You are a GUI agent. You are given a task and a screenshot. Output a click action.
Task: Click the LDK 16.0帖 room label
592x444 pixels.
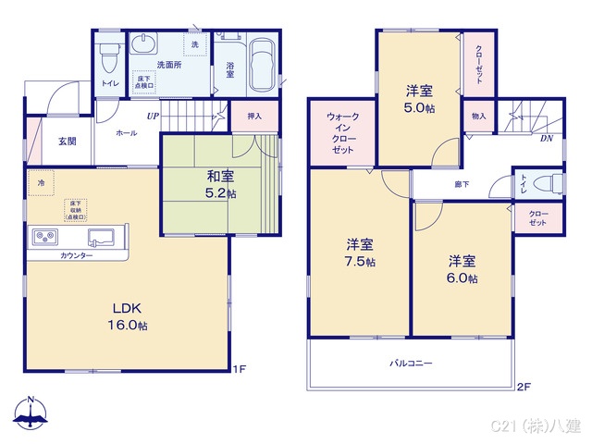pos(128,315)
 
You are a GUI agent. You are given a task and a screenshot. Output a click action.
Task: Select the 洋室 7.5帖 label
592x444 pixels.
pos(360,253)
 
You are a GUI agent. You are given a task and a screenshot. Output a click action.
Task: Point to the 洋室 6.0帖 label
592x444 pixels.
pos(462,269)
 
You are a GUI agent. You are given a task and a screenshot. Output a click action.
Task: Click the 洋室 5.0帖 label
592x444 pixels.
pos(419,99)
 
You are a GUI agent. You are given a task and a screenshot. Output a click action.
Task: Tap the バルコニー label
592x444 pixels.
pos(410,364)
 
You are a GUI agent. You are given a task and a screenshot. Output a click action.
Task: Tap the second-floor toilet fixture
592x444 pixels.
pos(548,182)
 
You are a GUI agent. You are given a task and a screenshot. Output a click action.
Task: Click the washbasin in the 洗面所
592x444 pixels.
pos(146,45)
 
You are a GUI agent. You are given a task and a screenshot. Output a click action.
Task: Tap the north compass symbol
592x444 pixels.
pos(31,413)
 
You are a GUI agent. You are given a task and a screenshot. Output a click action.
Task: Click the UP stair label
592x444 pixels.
pos(152,117)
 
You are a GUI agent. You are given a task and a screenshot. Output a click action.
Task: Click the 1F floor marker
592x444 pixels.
pos(239,370)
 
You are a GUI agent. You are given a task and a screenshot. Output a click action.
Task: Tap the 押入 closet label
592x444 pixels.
pos(254,117)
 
